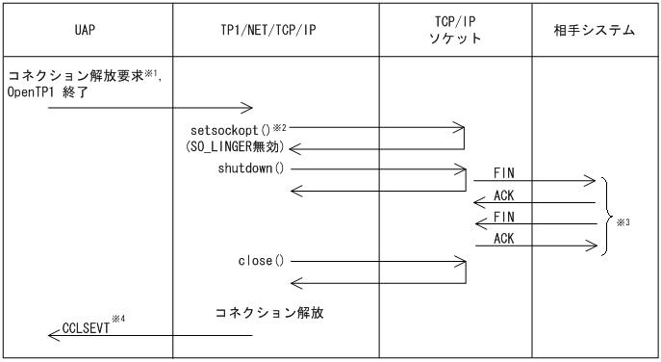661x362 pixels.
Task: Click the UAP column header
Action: pos(86,31)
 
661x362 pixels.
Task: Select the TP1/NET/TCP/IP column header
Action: pos(274,31)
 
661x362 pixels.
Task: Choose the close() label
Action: pos(260,260)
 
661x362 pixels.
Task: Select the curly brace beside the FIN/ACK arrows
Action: pos(606,216)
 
